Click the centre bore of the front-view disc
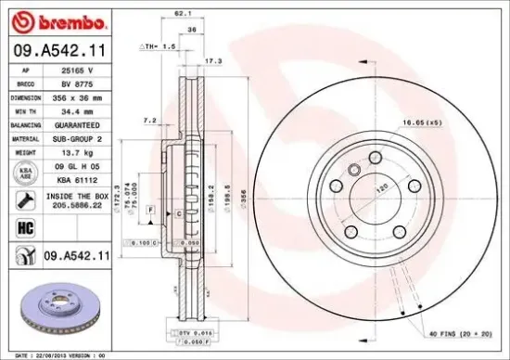click(376, 196)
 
